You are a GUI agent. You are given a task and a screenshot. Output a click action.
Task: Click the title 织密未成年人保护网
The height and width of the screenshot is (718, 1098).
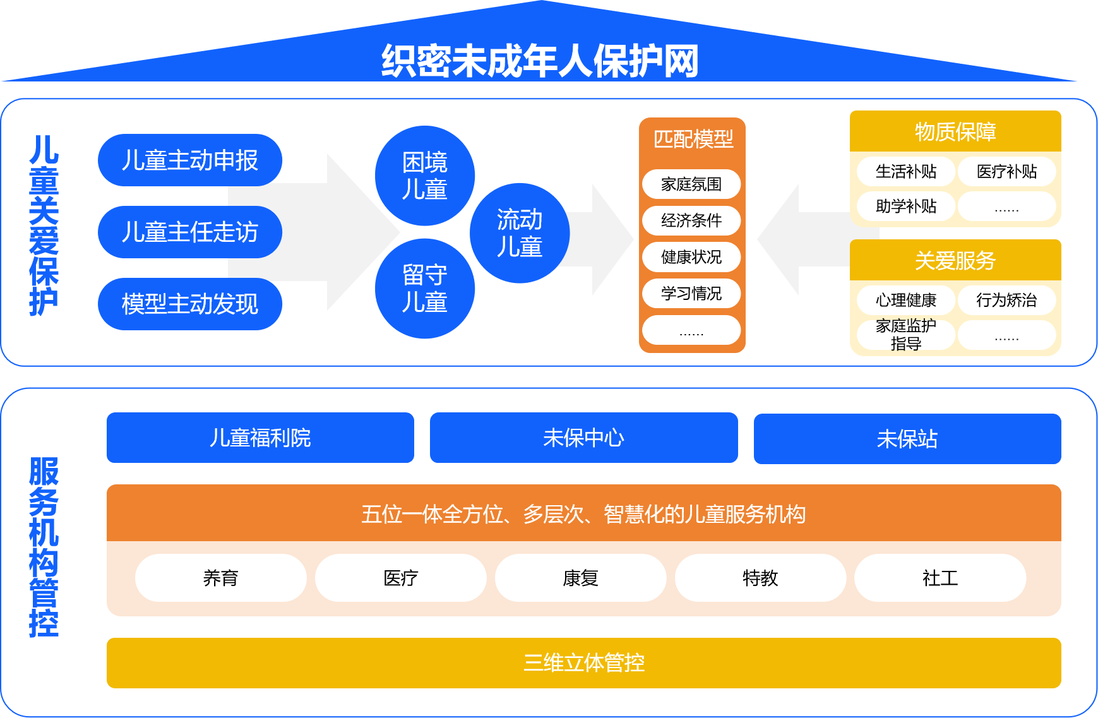540,61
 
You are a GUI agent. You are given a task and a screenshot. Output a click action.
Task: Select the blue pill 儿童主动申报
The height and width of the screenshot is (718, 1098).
189,160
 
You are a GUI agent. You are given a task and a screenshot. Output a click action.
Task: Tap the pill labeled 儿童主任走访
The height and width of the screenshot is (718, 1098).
189,232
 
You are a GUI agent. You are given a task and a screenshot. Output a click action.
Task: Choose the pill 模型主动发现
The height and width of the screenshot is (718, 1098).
189,304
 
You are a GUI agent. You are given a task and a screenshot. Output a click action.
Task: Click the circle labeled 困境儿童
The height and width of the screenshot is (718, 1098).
424,176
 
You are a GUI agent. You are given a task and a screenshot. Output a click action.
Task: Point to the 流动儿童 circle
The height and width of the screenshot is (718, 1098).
519,233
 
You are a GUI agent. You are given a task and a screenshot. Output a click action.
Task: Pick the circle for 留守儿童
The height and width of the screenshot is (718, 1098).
424,289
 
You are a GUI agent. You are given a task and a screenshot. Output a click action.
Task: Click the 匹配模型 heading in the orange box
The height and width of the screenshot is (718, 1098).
693,139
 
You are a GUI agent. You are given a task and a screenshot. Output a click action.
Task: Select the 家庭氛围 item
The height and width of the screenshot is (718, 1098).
691,184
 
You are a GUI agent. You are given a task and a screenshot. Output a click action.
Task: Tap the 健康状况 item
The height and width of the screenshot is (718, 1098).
691,257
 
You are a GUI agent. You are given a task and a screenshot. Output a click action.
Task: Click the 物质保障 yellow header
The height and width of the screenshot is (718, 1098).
955,131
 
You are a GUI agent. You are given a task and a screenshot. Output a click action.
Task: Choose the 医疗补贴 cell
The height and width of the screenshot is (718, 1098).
1006,172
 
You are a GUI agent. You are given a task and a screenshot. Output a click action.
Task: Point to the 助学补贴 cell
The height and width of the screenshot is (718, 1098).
905,206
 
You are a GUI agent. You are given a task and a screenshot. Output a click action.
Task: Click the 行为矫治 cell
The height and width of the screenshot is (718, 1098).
1006,300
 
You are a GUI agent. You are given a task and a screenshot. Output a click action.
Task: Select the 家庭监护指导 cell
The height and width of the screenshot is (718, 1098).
905,335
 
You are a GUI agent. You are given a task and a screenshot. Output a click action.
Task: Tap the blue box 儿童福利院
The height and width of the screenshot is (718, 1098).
260,438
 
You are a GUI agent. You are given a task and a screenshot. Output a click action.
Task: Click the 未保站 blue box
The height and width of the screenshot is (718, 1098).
907,439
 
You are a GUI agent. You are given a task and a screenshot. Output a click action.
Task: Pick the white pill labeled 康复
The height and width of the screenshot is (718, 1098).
580,578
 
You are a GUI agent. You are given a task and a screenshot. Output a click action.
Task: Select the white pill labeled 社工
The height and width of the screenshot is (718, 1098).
940,578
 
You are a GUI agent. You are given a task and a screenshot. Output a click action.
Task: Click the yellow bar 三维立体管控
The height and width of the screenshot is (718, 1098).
583,662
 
